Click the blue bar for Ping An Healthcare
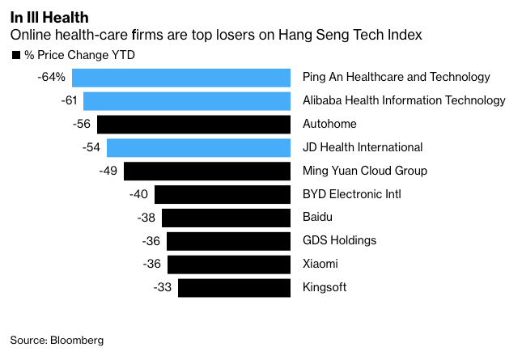(x=181, y=78)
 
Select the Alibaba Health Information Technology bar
(x=187, y=101)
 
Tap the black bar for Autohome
(x=193, y=125)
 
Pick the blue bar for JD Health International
(x=198, y=147)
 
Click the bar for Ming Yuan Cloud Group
(x=207, y=171)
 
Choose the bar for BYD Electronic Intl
(x=223, y=194)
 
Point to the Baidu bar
(x=226, y=218)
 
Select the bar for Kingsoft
(x=234, y=288)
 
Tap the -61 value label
(x=70, y=101)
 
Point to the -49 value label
(x=108, y=171)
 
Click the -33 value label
(x=163, y=288)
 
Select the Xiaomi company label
(x=320, y=265)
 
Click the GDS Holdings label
(x=339, y=241)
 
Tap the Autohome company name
(x=329, y=125)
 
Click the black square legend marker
(x=15, y=55)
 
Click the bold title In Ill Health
(x=49, y=17)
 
